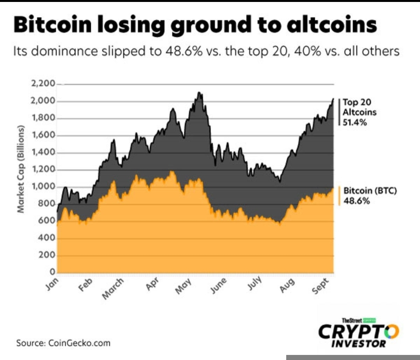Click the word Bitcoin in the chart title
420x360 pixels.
(53, 25)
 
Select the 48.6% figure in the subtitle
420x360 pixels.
(184, 51)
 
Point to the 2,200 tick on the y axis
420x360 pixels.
(43, 84)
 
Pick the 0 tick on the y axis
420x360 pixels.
(52, 272)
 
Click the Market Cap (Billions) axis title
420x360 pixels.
(21, 169)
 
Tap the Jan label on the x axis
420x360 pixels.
(52, 284)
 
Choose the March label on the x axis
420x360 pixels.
(113, 288)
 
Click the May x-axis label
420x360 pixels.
(184, 286)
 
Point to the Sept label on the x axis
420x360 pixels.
(320, 286)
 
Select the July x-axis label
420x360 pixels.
(254, 283)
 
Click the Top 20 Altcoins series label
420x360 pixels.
(359, 107)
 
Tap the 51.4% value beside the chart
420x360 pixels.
(355, 123)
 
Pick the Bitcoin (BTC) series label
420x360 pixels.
(370, 191)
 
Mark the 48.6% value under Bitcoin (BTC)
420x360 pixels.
(357, 201)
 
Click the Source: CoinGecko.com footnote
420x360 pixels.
(63, 343)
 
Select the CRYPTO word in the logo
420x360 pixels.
(359, 332)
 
